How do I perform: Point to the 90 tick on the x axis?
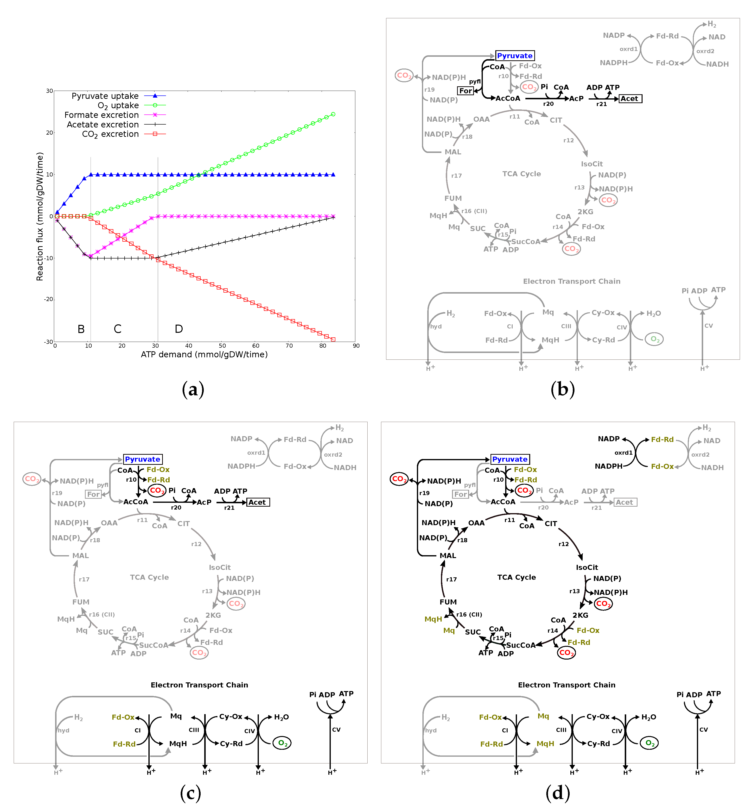click(x=356, y=346)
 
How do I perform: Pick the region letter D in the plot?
click(x=179, y=329)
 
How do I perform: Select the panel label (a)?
click(x=193, y=389)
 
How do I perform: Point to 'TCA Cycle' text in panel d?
click(x=516, y=577)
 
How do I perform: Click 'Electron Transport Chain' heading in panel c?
click(x=199, y=685)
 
